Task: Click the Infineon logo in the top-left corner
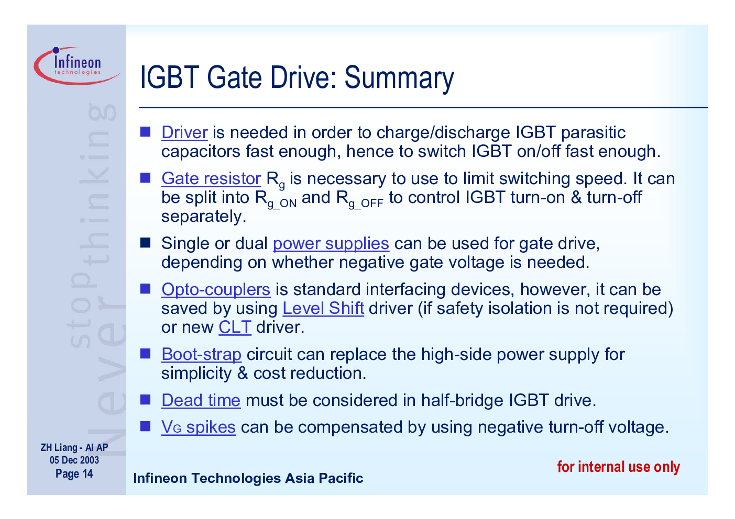[77, 65]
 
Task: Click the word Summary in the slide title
[399, 78]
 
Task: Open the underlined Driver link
[184, 133]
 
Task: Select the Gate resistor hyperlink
[211, 179]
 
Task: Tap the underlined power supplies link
[331, 244]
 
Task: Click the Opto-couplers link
[216, 290]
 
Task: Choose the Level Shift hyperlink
[323, 309]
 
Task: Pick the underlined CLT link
[235, 328]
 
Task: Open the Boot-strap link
[202, 355]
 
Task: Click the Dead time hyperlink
[201, 400]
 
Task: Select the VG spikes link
[199, 427]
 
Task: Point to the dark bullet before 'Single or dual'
[145, 243]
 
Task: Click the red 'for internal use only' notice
[619, 467]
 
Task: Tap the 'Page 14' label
[74, 474]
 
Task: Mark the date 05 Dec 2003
[74, 460]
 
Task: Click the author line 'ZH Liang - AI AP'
[74, 447]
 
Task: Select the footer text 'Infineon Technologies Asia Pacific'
[248, 478]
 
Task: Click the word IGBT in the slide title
[170, 77]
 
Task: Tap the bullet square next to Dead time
[145, 400]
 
